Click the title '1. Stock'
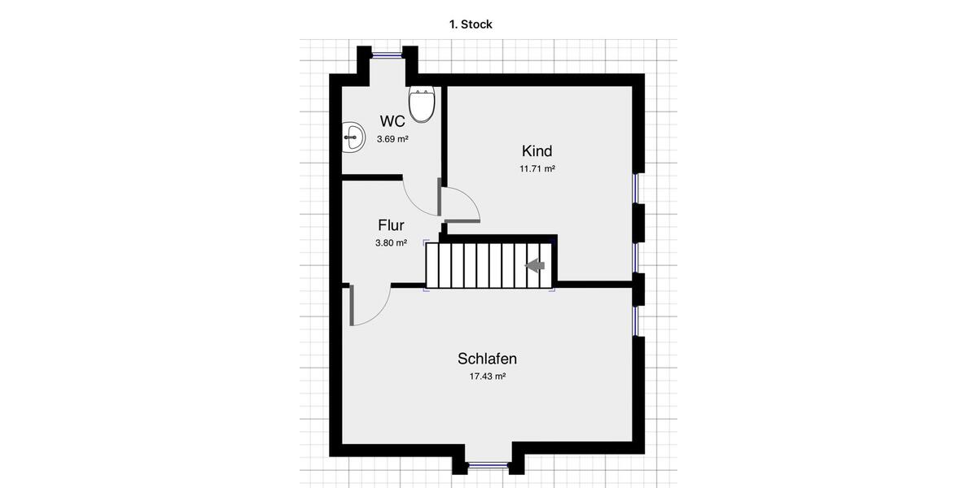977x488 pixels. [471, 24]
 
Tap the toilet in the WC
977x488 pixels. [422, 104]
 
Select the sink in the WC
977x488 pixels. [353, 137]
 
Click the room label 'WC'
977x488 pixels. [392, 122]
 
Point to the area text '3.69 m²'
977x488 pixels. [392, 139]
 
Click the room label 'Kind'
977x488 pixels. [537, 151]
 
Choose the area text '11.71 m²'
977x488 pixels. [537, 169]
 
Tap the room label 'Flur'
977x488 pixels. [391, 225]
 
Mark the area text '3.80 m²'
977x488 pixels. [391, 242]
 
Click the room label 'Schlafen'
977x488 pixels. [487, 359]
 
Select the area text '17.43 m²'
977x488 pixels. [487, 377]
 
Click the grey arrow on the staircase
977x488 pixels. [535, 265]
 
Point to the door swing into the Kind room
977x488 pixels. [461, 203]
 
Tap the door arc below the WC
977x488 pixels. [420, 198]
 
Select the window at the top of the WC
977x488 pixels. [388, 54]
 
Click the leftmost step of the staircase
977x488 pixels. [432, 265]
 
